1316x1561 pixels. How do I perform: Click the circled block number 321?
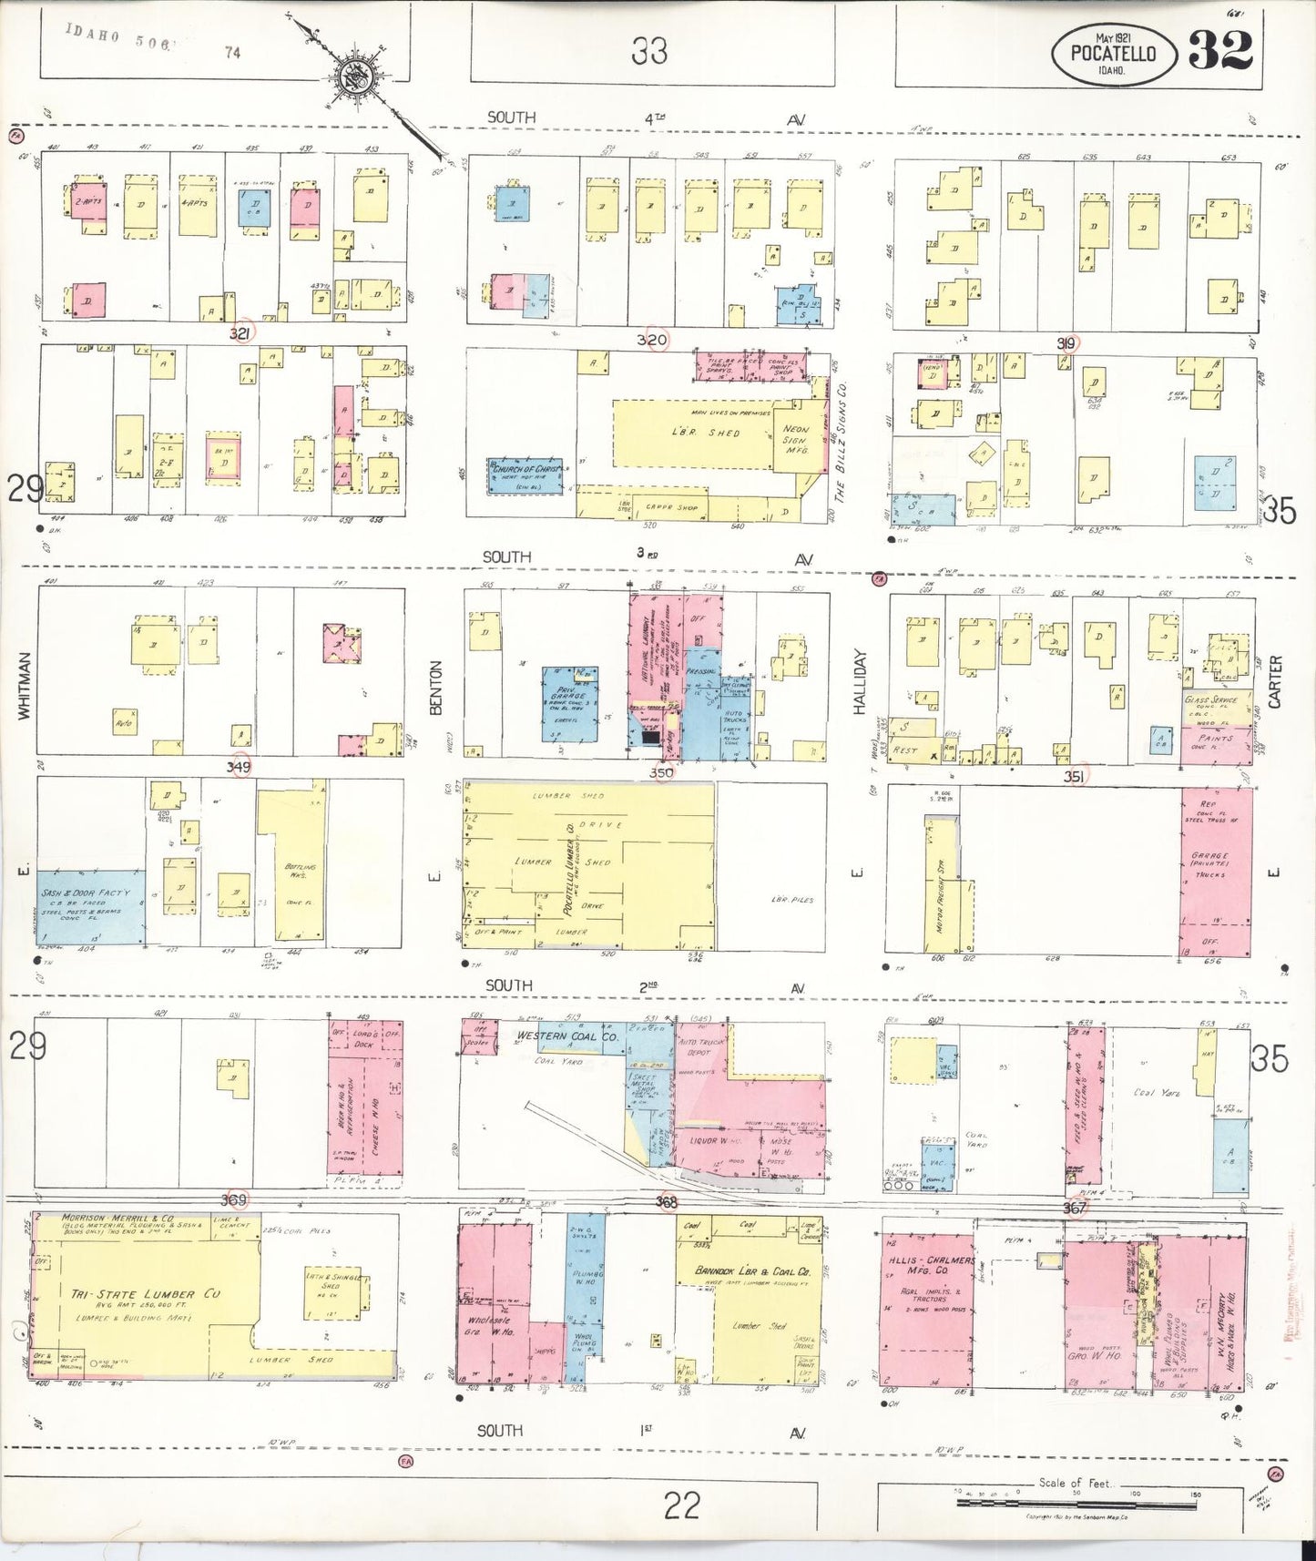pos(240,334)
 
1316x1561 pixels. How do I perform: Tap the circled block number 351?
pos(1074,776)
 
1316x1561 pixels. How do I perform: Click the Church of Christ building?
pos(525,474)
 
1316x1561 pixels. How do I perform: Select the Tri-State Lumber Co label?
pos(146,1294)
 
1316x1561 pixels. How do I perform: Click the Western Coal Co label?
pos(567,1036)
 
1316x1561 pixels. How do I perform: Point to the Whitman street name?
pos(25,687)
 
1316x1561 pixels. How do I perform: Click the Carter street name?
pos(1274,681)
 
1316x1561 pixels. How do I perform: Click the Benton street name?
pos(434,688)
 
